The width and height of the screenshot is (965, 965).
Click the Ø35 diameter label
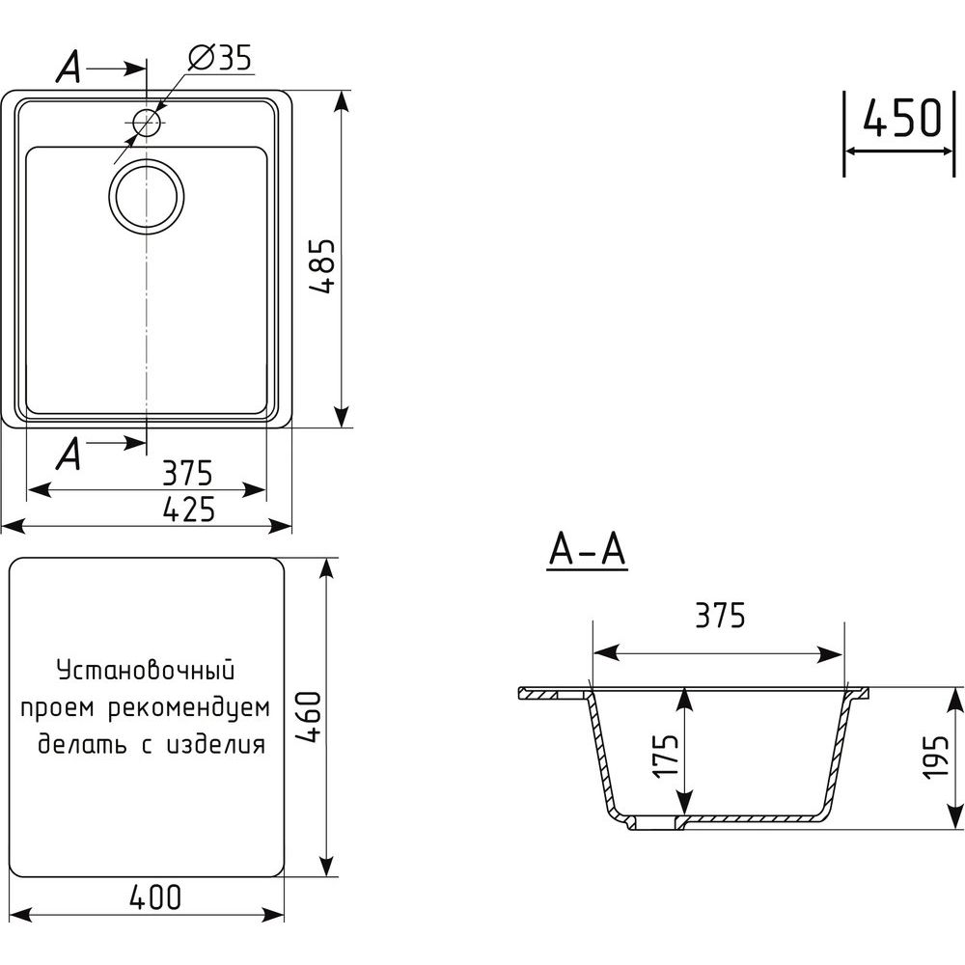[220, 59]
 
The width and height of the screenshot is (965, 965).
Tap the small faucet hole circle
[147, 122]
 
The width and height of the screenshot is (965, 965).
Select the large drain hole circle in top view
[147, 197]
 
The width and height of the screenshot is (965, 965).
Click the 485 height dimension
[322, 265]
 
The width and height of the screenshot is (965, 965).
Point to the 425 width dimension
[189, 510]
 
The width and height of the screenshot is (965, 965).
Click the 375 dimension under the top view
[188, 473]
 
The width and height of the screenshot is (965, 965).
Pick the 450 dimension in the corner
[901, 118]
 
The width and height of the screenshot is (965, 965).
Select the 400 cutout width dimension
[155, 896]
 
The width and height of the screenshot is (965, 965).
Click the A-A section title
[587, 550]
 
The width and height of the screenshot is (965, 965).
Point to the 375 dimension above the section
[720, 615]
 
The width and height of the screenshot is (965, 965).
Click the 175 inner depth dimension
[667, 757]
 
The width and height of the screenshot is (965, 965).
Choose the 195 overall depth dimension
[935, 757]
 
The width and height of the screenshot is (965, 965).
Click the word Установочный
[146, 671]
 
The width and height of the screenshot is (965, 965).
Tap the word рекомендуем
[189, 708]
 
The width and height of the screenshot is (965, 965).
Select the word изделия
[216, 745]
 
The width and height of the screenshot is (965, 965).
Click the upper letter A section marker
[69, 68]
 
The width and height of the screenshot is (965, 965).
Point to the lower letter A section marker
[69, 455]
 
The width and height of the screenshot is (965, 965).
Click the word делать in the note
[82, 744]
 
